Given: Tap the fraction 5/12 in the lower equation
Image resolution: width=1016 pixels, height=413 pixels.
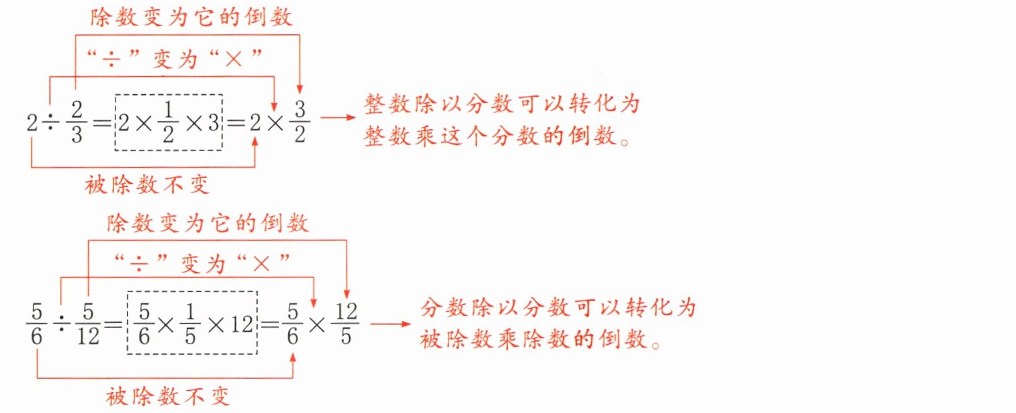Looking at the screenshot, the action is [88, 323].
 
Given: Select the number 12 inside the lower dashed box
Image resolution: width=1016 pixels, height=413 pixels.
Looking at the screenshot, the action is [238, 324].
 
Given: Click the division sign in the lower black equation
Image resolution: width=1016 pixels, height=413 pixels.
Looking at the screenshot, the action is [60, 323].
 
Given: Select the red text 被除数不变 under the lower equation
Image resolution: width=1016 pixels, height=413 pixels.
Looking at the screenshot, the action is [168, 398].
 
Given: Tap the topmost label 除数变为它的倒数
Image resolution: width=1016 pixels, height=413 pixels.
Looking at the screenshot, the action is [192, 17].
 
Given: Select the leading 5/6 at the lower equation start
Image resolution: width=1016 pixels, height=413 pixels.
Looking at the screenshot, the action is [36, 324].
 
